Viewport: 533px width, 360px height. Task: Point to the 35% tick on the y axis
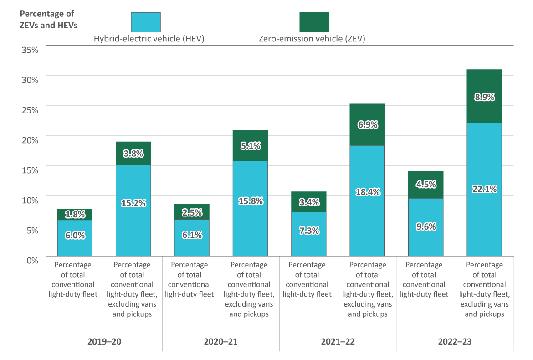[x=30, y=49]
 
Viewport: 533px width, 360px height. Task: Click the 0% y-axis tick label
[x=31, y=260]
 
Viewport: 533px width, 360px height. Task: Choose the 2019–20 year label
[x=104, y=341]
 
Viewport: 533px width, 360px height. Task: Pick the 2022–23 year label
[x=455, y=341]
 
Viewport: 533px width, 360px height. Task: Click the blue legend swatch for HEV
[x=146, y=22]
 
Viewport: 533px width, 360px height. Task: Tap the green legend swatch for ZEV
[x=314, y=22]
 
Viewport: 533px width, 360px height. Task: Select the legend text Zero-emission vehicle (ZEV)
[x=312, y=39]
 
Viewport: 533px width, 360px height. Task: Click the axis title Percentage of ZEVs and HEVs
[x=48, y=20]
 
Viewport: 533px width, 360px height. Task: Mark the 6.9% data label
[x=367, y=124]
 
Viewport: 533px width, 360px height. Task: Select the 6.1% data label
[x=192, y=235]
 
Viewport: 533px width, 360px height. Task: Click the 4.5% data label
[x=426, y=185]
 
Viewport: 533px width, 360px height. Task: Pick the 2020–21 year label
[x=221, y=341]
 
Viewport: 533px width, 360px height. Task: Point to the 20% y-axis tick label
[x=30, y=139]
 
